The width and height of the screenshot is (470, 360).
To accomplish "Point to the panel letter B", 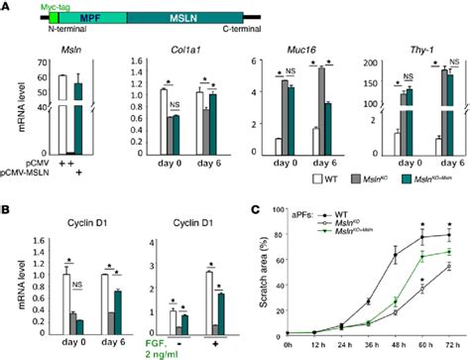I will pos(8,208).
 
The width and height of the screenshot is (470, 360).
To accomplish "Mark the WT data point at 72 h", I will pos(452,236).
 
